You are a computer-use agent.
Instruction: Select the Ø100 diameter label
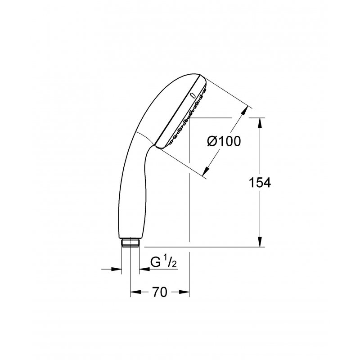[224, 141]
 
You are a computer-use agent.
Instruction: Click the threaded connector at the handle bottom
[130, 243]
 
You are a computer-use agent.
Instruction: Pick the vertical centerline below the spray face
[189, 202]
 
